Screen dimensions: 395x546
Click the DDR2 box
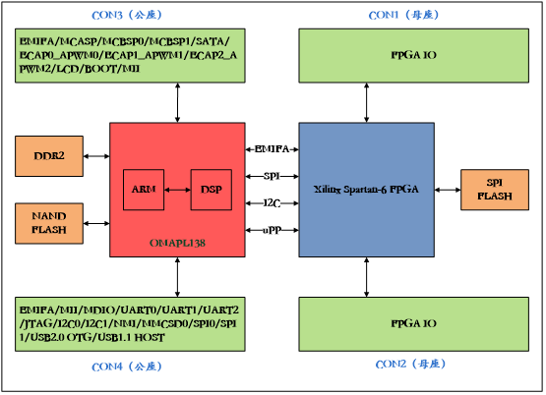coord(49,156)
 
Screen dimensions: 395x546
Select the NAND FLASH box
coord(49,223)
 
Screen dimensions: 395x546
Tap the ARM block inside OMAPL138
coord(144,189)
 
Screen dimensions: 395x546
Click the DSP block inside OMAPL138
coord(210,189)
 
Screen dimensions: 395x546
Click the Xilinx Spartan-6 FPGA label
coord(366,189)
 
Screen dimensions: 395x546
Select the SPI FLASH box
coord(494,190)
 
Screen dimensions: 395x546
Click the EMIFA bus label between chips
coord(272,148)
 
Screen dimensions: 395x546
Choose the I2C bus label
coord(272,202)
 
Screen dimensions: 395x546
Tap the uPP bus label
coord(272,229)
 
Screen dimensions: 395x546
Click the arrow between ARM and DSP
coord(177,189)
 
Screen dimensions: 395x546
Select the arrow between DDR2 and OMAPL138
coord(95,156)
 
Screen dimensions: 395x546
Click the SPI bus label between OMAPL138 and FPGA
coord(272,176)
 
